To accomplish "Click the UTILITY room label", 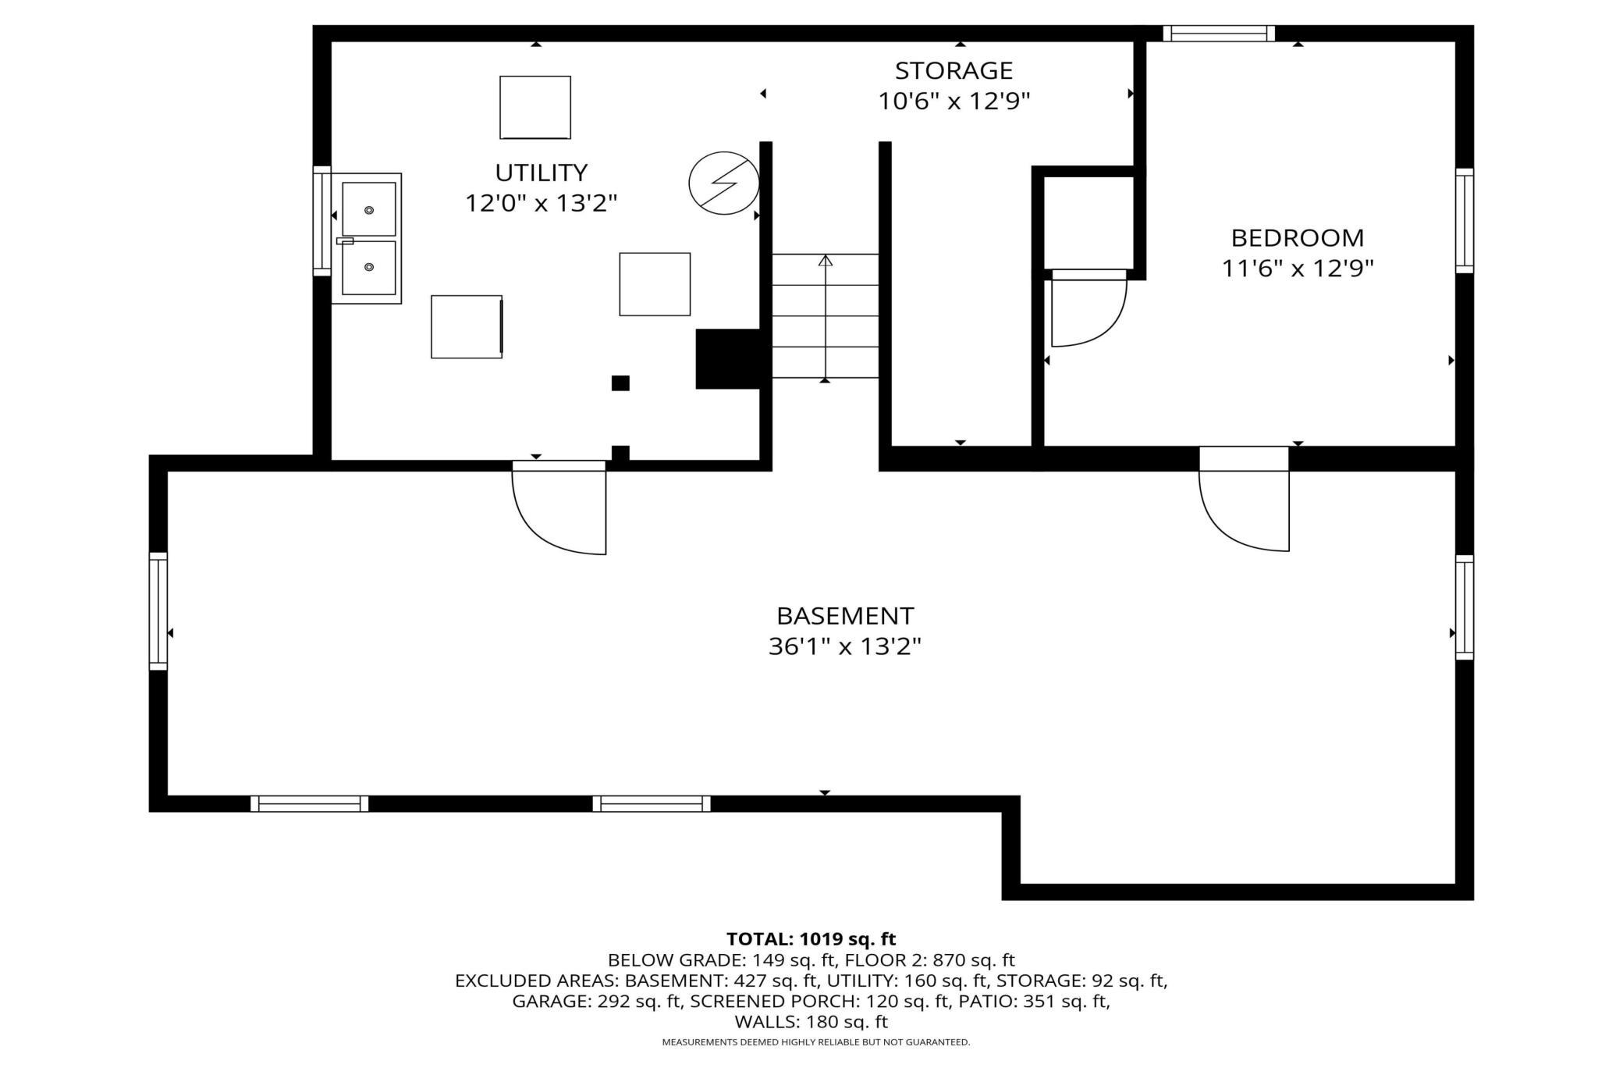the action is tap(541, 173).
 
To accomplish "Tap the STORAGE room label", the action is tap(954, 71).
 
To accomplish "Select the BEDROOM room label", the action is tap(1297, 238).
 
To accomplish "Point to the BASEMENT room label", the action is tap(844, 617).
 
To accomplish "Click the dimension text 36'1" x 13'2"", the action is tap(844, 647).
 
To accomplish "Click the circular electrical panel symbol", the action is tap(724, 183).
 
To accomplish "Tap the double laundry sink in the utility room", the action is tap(366, 239).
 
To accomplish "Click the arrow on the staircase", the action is tap(826, 317).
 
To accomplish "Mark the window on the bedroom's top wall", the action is tap(1219, 34).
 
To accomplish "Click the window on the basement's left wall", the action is tap(158, 611).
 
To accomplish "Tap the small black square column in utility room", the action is tap(620, 383).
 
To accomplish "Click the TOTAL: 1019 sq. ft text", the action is tap(811, 939).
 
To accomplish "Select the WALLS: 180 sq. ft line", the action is tap(811, 1022).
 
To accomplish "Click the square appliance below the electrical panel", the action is tap(655, 284).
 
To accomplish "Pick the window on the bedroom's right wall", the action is tap(1465, 221).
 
